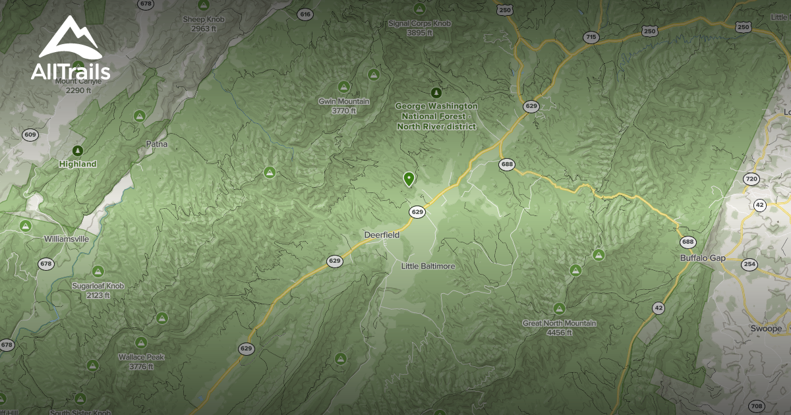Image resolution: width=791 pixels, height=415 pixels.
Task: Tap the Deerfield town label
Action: (x=382, y=235)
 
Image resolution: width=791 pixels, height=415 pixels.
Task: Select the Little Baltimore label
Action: (x=428, y=266)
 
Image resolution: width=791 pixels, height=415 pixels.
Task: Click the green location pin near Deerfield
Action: (x=409, y=179)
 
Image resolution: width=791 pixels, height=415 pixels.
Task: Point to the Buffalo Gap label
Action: (x=703, y=258)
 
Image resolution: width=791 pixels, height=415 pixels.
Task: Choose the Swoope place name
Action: (x=766, y=328)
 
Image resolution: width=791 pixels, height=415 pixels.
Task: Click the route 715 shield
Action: (x=591, y=38)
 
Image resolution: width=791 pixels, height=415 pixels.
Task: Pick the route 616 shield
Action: (x=305, y=14)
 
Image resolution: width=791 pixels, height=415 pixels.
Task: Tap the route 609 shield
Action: (x=30, y=135)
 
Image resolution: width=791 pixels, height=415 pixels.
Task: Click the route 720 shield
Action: (x=751, y=179)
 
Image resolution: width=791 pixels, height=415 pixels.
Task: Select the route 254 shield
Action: (x=749, y=265)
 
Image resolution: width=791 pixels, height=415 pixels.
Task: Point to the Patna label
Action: (x=156, y=144)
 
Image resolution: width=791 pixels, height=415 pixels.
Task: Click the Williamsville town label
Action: (x=66, y=239)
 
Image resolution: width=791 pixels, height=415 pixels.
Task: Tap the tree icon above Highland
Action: (x=78, y=151)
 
